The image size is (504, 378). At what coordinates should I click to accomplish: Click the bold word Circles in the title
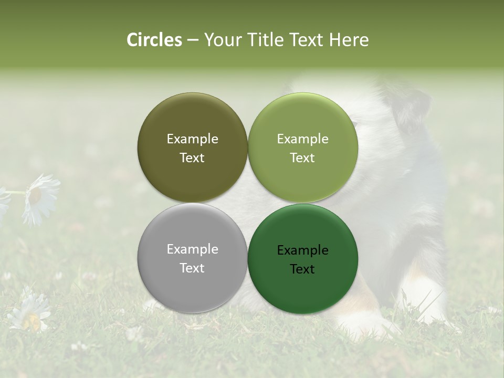pyautogui.click(x=154, y=40)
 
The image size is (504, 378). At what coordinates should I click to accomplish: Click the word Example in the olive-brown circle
pyautogui.click(x=192, y=139)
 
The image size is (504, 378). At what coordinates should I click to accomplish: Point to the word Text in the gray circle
pyautogui.click(x=192, y=268)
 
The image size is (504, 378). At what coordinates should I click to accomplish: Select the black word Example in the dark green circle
pyautogui.click(x=303, y=250)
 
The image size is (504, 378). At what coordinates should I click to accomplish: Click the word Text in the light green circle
pyautogui.click(x=303, y=158)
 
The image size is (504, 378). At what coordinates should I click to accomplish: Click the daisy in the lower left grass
pyautogui.click(x=30, y=312)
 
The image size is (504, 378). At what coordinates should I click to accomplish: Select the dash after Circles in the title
pyautogui.click(x=193, y=40)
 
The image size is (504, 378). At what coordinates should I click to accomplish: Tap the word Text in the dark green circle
pyautogui.click(x=303, y=269)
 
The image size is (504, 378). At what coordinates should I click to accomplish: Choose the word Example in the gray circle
pyautogui.click(x=192, y=249)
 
